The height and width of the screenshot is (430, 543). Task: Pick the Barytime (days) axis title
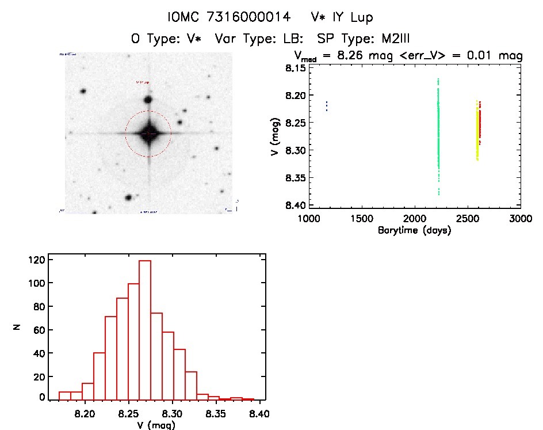[x=414, y=230]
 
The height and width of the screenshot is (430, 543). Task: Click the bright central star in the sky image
[x=148, y=133]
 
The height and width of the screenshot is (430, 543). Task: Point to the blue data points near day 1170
[x=327, y=106]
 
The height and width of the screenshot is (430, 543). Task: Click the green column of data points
[x=438, y=138]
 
